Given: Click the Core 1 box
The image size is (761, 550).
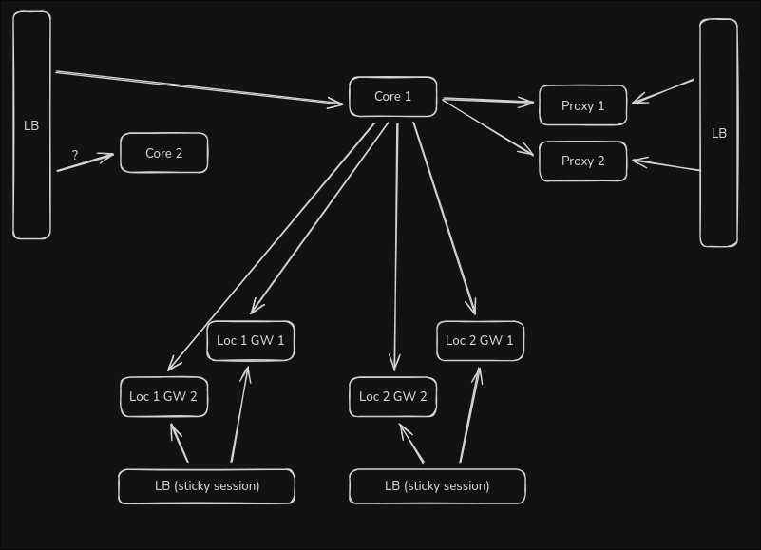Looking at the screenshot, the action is click(393, 97).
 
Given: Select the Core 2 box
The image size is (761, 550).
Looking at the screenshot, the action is click(164, 153).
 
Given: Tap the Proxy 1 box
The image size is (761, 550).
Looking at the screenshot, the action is click(583, 105).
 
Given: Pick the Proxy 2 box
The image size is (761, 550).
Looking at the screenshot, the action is click(583, 161).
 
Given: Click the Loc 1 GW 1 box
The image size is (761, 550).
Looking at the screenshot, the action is click(251, 341).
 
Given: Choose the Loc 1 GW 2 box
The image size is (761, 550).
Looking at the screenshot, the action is click(164, 397).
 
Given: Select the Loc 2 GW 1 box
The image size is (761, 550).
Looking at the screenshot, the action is click(480, 341).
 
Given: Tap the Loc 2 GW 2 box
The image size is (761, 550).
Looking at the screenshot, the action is click(393, 397).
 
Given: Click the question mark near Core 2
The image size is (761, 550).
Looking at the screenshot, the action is click(75, 156).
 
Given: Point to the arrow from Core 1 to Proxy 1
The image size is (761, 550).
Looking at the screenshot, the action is click(487, 101).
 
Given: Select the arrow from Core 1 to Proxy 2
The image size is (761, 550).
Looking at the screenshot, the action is click(487, 127).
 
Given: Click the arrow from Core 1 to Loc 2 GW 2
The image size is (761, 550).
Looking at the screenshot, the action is click(396, 247).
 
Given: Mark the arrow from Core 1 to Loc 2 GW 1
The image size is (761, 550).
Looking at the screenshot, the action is click(444, 218).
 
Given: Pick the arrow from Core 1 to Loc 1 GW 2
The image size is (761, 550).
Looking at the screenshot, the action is click(271, 248).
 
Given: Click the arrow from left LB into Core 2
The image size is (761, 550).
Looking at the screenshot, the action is click(86, 162).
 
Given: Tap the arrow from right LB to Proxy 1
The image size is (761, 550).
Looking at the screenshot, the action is click(663, 91).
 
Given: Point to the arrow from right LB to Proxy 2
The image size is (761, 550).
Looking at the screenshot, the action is click(666, 165).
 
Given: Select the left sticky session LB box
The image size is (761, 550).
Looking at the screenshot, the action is click(207, 486).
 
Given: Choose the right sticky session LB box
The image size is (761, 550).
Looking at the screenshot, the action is click(437, 486).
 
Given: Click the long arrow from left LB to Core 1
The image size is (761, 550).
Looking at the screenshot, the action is click(200, 87).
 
